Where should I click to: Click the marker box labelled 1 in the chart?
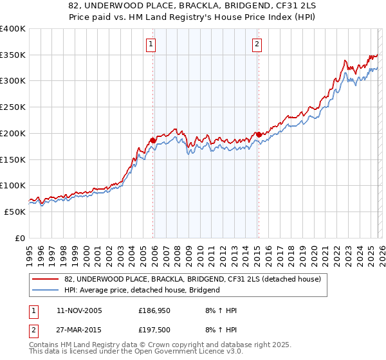click(151, 44)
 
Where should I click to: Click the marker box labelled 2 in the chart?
click(257, 44)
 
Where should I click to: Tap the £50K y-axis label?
click(15, 212)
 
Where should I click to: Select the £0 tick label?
click(20, 238)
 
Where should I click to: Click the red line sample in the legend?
click(46, 278)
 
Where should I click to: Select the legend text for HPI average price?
click(142, 290)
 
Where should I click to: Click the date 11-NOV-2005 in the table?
click(79, 310)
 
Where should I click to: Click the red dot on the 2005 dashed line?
click(152, 139)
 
